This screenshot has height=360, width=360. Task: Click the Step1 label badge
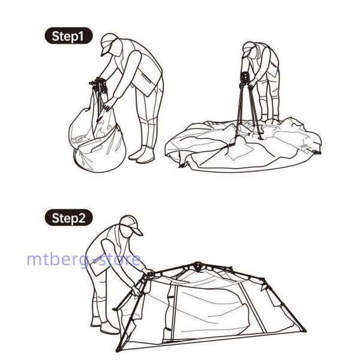(68, 35)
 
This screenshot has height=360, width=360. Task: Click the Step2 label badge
(68, 217)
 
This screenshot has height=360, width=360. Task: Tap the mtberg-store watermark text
(84, 259)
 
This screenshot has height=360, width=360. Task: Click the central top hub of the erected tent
(197, 266)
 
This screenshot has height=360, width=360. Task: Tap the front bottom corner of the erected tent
(118, 350)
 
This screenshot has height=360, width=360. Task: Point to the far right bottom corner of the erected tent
(304, 330)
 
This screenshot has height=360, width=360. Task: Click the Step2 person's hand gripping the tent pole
(136, 291)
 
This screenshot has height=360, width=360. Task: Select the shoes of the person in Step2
(104, 326)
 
